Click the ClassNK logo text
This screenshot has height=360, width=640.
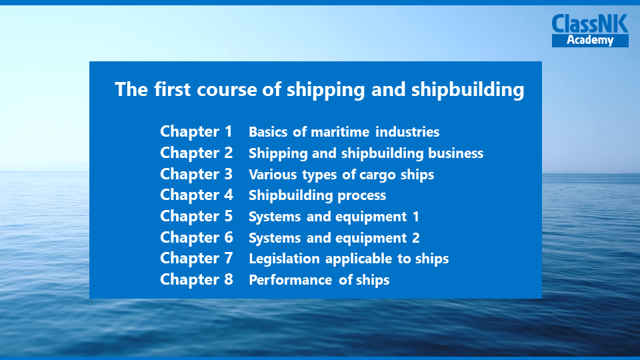(590, 24)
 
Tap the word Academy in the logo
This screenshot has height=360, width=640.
(590, 40)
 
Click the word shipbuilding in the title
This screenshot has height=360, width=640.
(468, 90)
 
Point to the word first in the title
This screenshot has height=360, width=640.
(172, 89)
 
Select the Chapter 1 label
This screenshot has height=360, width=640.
(196, 132)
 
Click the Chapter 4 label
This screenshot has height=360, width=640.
(196, 195)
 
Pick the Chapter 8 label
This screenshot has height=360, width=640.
(196, 279)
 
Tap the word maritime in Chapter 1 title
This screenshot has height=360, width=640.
(340, 132)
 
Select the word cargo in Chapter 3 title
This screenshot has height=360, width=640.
(377, 175)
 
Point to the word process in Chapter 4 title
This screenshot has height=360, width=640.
(361, 196)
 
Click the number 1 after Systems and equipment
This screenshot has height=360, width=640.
(416, 217)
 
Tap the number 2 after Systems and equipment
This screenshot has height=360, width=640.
(416, 238)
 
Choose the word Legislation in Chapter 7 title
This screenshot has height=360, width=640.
(284, 259)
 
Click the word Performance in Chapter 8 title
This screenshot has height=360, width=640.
(290, 280)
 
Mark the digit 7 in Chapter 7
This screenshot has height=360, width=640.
(229, 259)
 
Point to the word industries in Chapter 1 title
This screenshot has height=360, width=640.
(407, 132)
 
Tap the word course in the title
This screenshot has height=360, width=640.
(227, 90)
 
